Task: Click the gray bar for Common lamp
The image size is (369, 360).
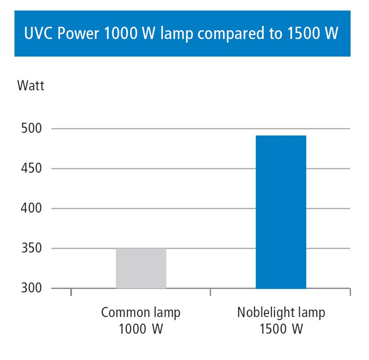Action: click(141, 268)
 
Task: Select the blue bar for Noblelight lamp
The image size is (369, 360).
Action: click(281, 212)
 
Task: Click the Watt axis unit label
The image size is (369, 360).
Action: click(31, 85)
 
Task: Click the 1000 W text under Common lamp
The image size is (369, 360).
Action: click(140, 328)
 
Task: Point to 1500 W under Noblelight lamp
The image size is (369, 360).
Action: click(281, 328)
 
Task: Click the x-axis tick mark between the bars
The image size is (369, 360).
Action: click(211, 291)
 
